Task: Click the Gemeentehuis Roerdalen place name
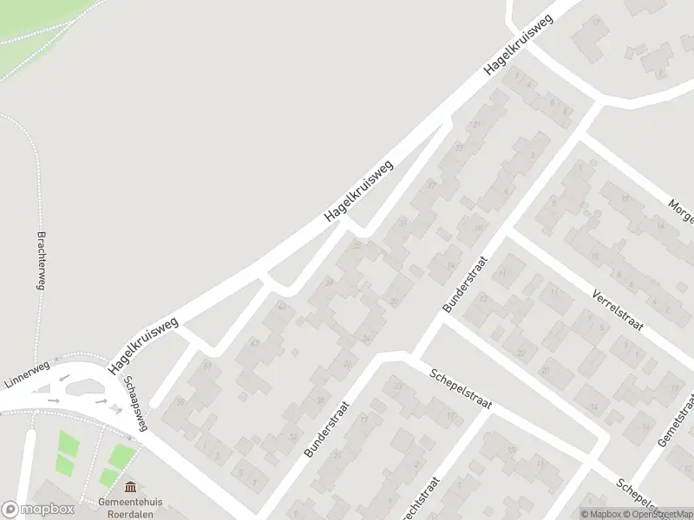(x=130, y=507)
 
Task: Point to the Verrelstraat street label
(x=618, y=310)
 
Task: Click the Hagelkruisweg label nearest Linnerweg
(x=143, y=346)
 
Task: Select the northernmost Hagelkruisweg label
(x=520, y=46)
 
